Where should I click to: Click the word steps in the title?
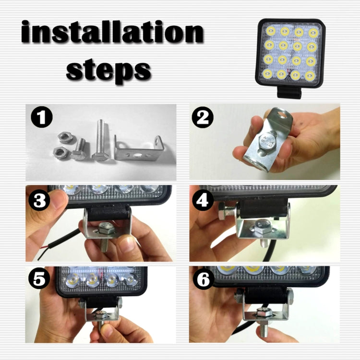coord(108,70)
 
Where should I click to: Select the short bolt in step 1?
coord(79,150)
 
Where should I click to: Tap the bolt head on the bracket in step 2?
coord(266,144)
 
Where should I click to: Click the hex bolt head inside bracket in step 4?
coord(263,228)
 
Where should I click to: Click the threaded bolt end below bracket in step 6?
coord(263,331)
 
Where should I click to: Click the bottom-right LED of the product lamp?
coord(311,75)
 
